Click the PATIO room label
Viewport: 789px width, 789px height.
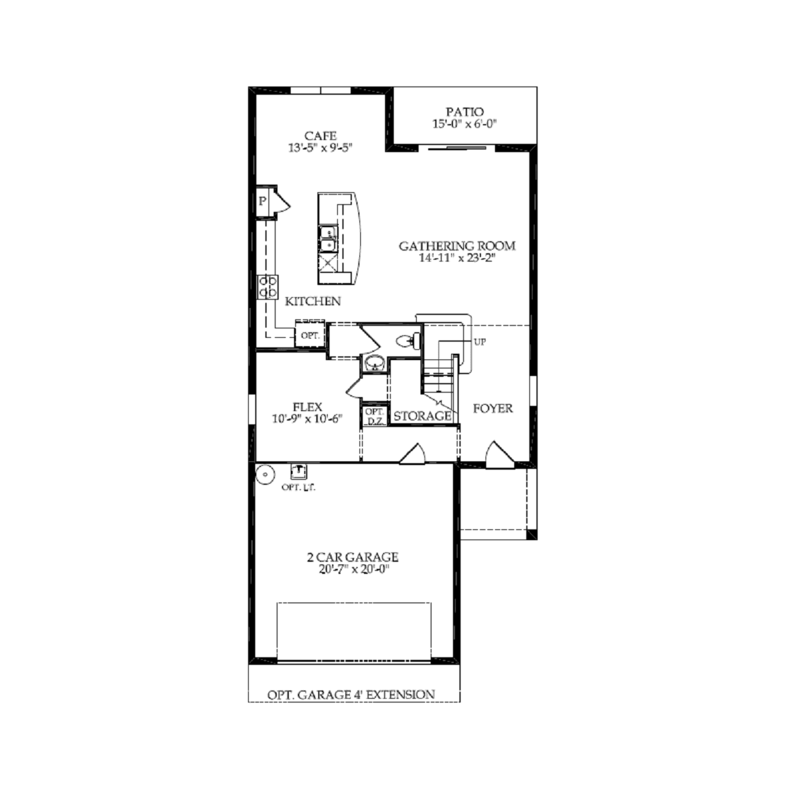464,112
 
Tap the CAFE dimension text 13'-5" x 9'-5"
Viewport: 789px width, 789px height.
320,148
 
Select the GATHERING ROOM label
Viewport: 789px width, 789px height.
457,246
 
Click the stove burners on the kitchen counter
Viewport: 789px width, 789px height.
268,286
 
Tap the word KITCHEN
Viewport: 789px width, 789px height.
312,301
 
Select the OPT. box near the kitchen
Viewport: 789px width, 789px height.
310,335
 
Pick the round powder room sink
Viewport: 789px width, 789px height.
374,364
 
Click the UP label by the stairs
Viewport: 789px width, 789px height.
480,342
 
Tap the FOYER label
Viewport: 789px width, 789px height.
492,408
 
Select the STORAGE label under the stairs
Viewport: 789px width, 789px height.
422,416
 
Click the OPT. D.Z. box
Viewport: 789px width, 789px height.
374,417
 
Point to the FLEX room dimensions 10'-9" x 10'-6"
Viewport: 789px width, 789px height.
307,419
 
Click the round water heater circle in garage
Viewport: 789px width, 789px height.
265,474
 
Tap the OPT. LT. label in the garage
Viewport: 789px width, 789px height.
298,487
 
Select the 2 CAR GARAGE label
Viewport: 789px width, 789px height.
353,557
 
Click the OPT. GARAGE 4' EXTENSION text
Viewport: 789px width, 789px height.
351,695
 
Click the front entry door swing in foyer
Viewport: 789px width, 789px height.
499,454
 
